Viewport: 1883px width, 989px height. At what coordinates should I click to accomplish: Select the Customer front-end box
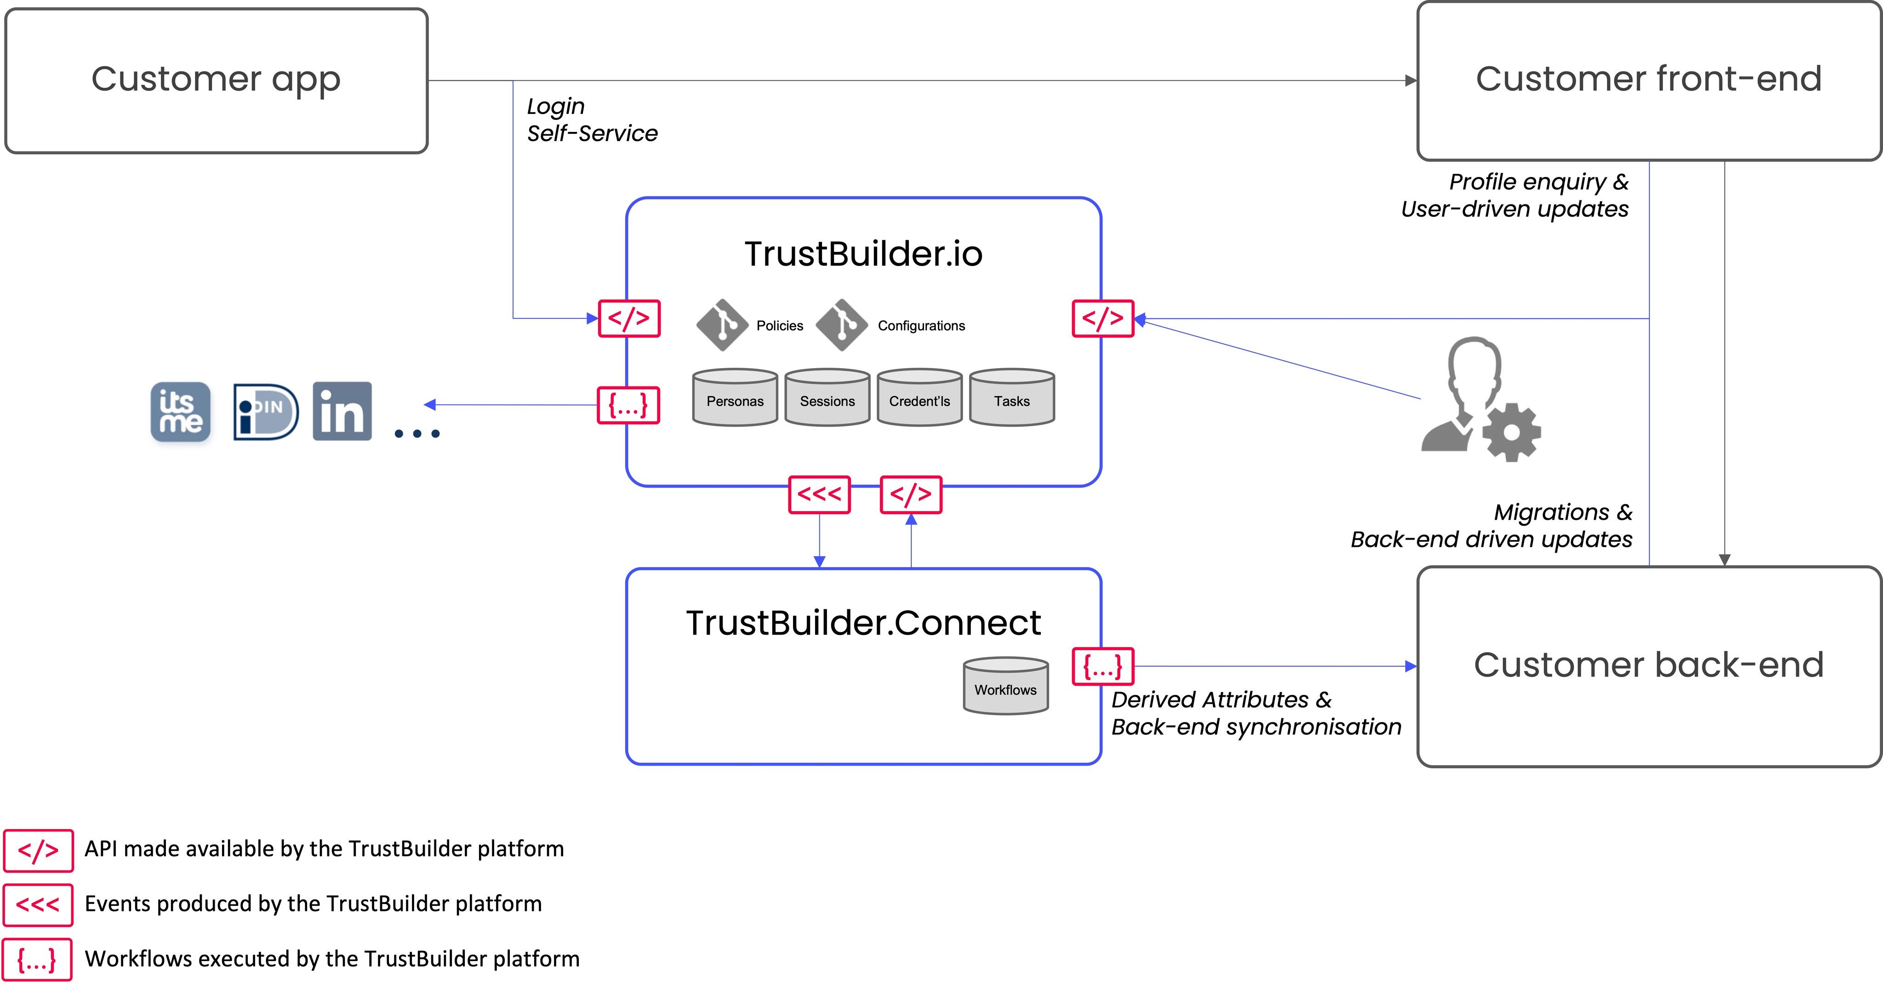[x=1649, y=80]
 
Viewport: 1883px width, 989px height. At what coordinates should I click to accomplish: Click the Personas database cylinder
[x=735, y=398]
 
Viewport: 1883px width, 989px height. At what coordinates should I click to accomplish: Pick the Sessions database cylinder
[x=827, y=398]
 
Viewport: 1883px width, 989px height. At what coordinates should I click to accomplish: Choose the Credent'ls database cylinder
[x=919, y=398]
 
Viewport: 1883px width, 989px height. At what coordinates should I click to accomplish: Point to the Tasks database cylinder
[x=1012, y=398]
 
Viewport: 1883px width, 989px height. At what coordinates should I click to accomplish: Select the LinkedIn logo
[x=342, y=411]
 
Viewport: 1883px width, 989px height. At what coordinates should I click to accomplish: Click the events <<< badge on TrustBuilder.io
[x=819, y=495]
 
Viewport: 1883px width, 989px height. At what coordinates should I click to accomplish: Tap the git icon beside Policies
[x=722, y=324]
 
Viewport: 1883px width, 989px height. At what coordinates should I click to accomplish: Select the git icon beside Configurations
[x=842, y=324]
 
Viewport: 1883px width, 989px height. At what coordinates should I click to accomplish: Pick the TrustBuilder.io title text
[x=863, y=254]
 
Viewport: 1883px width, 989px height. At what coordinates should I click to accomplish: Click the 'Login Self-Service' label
[x=591, y=120]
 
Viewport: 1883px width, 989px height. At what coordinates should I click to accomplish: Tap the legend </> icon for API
[x=38, y=850]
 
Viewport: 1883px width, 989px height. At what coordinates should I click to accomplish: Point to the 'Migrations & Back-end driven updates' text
[x=1491, y=526]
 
